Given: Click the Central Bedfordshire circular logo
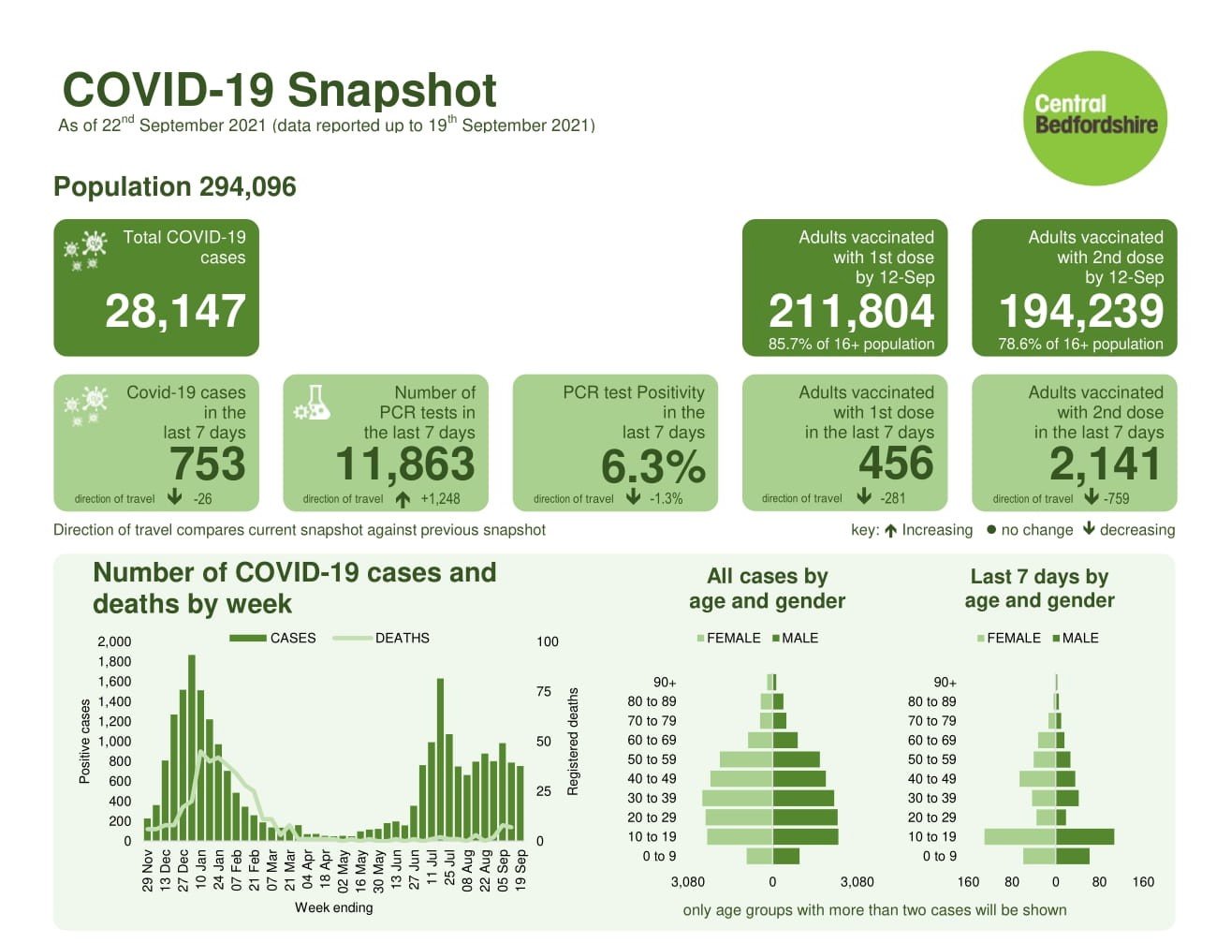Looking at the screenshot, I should point(1096,118).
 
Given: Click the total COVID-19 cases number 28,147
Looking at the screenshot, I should point(175,311).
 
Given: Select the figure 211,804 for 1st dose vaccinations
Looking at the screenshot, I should point(851,311).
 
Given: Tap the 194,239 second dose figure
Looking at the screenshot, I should point(1081,311).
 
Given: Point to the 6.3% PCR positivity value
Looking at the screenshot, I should point(652,465).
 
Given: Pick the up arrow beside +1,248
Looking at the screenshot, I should point(403,499).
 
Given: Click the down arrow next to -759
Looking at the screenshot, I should point(1091,498).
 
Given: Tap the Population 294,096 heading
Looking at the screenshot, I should point(175,187).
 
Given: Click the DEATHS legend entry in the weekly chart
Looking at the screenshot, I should point(402,638).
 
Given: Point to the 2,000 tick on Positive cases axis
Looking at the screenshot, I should point(114,641).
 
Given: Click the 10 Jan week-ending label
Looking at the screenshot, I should point(201,870).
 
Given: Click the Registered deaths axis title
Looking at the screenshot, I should point(573,741).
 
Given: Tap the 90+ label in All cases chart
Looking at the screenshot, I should point(664,683).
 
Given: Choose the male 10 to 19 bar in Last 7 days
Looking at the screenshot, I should point(1085,836).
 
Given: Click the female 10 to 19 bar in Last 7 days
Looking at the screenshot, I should point(1019,836).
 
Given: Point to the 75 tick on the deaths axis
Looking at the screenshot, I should point(544,691).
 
